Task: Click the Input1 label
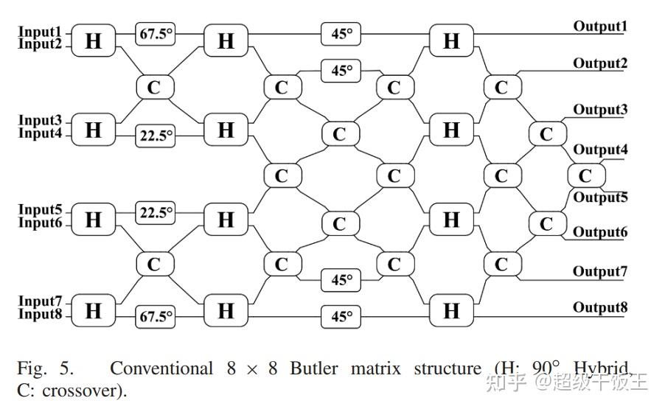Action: click(41, 32)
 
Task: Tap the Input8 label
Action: click(41, 315)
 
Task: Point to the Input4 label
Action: click(41, 133)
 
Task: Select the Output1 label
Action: click(600, 27)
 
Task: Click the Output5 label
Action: click(600, 197)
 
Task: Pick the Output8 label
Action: click(600, 307)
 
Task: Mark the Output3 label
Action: click(600, 110)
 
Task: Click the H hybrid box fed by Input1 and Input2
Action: click(94, 41)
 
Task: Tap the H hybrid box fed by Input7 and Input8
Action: click(94, 310)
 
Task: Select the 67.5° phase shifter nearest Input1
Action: click(155, 33)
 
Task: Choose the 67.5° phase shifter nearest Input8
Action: click(155, 317)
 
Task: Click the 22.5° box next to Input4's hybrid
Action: click(155, 136)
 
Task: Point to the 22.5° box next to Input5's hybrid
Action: click(155, 213)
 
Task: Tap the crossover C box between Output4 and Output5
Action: click(585, 175)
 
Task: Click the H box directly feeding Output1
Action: click(451, 41)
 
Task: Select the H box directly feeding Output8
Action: click(451, 310)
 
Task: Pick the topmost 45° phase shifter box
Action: click(341, 33)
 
